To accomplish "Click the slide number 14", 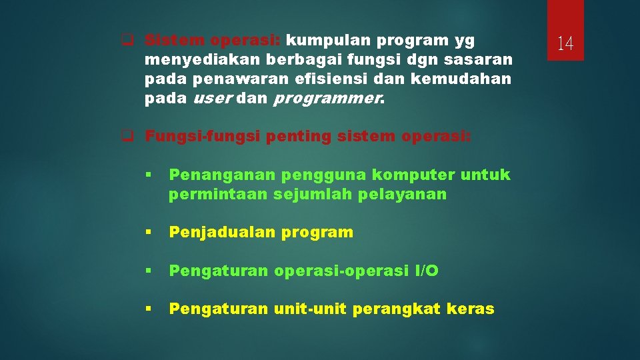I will click(x=565, y=44).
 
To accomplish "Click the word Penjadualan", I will click(x=222, y=232).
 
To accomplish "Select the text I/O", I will click(x=427, y=271).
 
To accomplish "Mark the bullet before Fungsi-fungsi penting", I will click(x=125, y=137).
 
